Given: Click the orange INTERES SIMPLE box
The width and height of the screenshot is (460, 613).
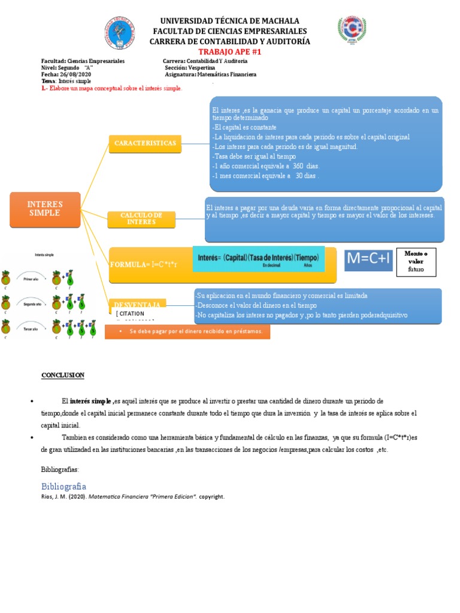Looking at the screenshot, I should [x=45, y=209].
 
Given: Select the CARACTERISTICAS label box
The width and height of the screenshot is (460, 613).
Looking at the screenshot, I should [x=144, y=144].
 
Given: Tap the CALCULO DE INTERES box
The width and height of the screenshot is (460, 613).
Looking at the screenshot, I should [x=141, y=219].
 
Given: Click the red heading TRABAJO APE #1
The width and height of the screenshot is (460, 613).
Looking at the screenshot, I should [x=230, y=52].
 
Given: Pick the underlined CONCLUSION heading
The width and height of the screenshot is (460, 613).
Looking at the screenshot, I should [x=63, y=375].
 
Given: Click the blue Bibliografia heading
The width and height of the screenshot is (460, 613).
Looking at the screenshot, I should [x=63, y=485].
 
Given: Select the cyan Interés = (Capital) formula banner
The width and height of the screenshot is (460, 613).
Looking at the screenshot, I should [x=258, y=258].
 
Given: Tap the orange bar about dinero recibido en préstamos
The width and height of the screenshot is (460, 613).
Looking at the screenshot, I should [x=187, y=332].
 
